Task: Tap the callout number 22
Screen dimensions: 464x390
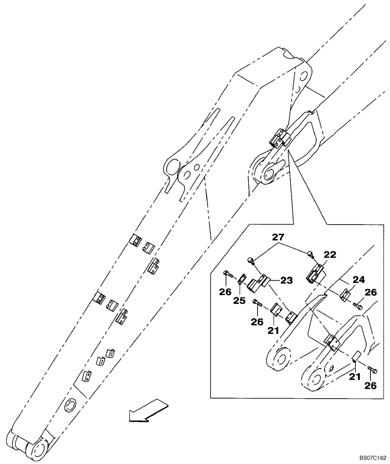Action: tap(330, 254)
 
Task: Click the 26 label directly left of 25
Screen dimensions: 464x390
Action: tap(225, 292)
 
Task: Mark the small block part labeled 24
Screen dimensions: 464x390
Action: tap(346, 295)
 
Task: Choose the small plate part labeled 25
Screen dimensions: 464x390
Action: tap(241, 281)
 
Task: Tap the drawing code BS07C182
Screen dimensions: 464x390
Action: tap(371, 457)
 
